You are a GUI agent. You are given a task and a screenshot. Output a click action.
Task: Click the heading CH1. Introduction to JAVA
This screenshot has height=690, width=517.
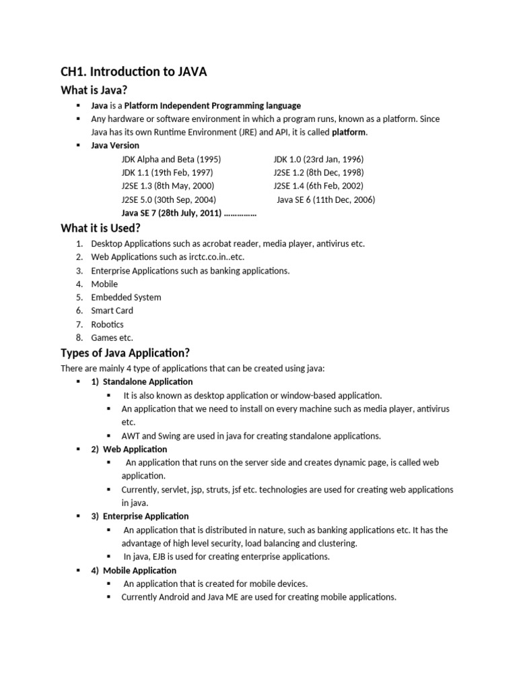coord(134,72)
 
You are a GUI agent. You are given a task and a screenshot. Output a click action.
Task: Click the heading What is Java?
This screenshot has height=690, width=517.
coord(94,90)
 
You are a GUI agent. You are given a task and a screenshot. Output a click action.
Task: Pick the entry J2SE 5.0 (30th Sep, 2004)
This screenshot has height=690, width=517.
coord(168,199)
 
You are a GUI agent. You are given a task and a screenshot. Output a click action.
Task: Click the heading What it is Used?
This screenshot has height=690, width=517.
coord(100,228)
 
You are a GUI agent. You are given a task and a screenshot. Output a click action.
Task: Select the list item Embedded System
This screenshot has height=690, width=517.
coord(126,297)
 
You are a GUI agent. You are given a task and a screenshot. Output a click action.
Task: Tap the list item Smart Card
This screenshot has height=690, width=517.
coord(112,311)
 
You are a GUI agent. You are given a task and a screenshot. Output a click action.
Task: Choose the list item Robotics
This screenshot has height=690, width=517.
coord(108,324)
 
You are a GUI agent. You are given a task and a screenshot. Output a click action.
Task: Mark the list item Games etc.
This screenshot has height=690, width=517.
coord(112,338)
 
